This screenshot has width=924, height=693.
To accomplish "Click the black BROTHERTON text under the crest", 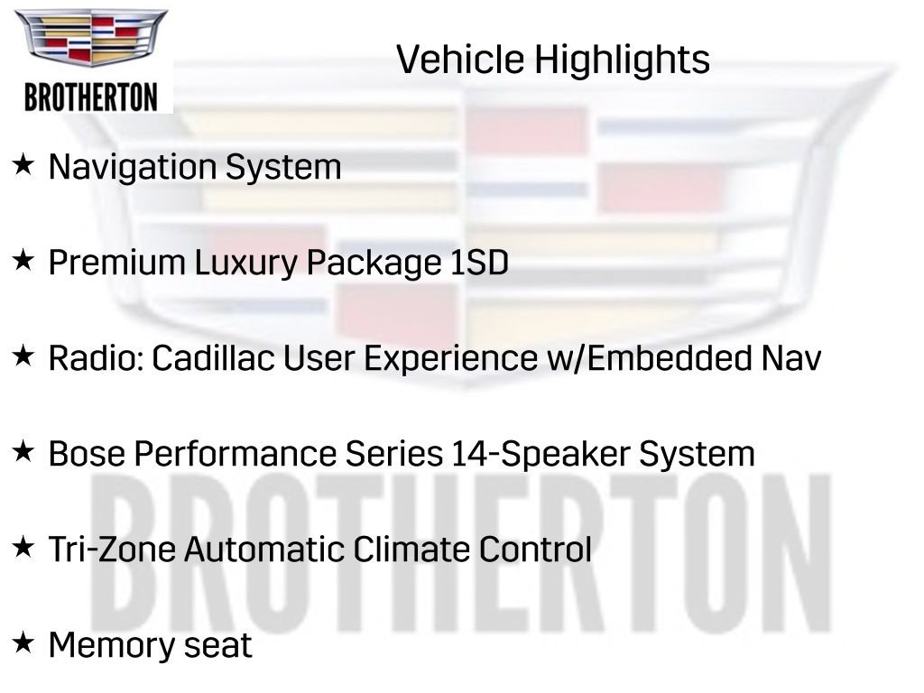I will click(91, 97).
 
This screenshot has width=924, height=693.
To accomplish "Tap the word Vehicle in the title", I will click(459, 60).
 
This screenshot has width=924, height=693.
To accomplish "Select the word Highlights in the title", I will click(621, 61).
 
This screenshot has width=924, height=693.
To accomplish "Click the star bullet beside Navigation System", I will click(23, 165).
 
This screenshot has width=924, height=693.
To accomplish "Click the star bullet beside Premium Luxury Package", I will click(23, 262).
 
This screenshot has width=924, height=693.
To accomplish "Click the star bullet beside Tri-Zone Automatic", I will click(23, 547).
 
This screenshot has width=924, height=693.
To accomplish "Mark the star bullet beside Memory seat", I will click(23, 642).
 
